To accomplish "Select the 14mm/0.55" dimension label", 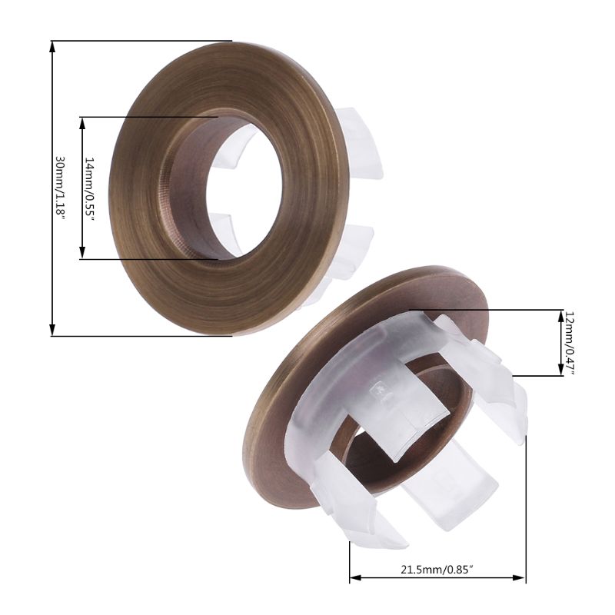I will pos(90,189).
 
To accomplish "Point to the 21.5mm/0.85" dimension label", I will pos(436,570).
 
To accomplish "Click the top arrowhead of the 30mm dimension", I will pos(52,45).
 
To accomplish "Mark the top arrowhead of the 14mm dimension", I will pos(82,121).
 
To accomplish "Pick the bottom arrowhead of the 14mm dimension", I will pos(82,254).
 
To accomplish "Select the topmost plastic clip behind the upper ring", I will pos(361,142).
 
